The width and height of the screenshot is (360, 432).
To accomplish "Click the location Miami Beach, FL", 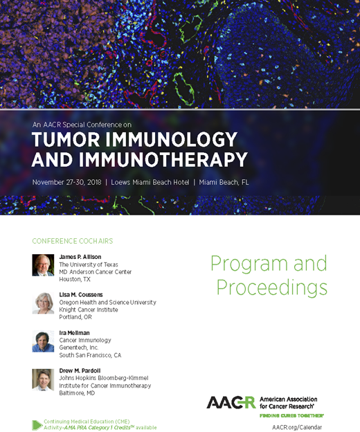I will tap(224, 182).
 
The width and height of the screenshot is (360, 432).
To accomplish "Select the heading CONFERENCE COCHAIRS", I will tap(73, 241).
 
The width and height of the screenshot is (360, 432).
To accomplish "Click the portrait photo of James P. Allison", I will tap(43, 265).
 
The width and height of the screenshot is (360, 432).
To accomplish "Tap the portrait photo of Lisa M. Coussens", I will tap(43, 303).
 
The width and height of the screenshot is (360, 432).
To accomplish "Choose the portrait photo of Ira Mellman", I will tap(43, 341).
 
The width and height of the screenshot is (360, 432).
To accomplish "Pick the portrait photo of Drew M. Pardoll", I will tap(43, 379).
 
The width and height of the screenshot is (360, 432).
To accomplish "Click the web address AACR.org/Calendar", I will tap(302, 426).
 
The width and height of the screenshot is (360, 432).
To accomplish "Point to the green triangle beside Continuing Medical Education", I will tap(37, 424).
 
